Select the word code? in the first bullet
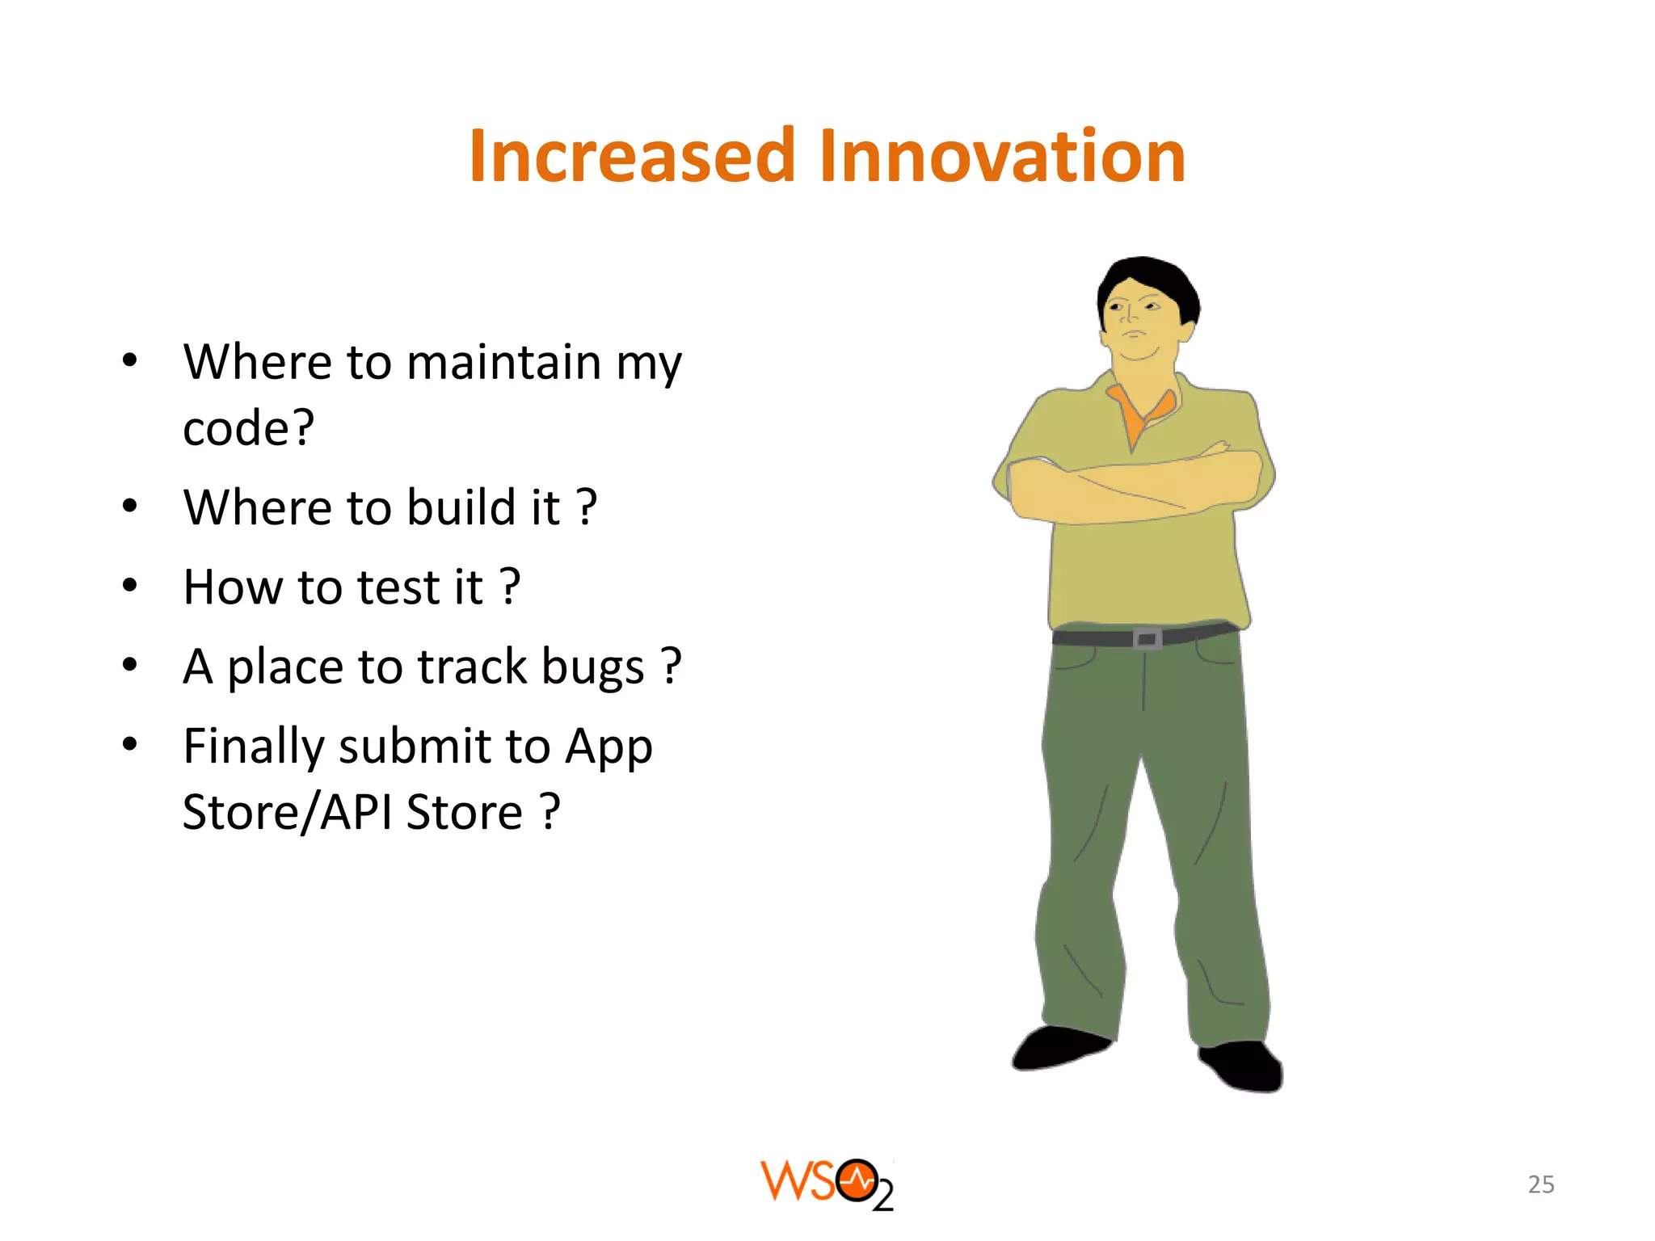click(x=248, y=427)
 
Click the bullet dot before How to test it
click(x=130, y=585)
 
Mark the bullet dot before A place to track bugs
click(x=130, y=665)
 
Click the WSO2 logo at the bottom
click(x=827, y=1184)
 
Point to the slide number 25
click(x=1540, y=1184)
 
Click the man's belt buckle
click(x=1147, y=639)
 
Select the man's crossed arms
click(x=1131, y=485)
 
